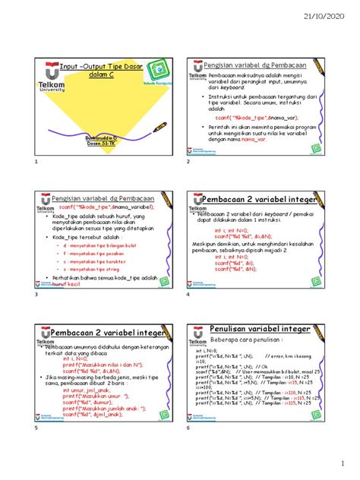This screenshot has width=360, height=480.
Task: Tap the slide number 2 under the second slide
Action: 188,163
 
